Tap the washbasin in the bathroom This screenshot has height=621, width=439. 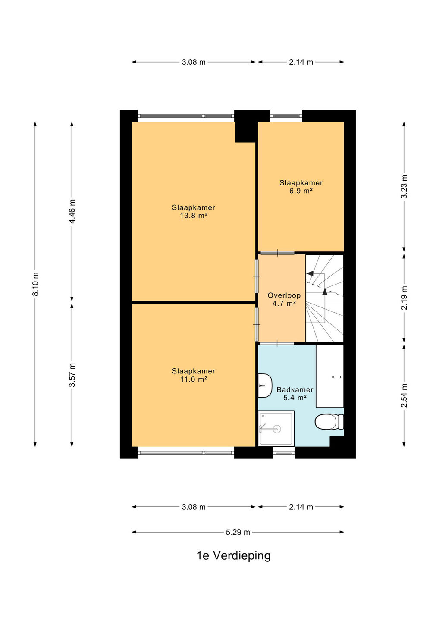pos(265,386)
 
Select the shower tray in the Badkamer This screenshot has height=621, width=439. pos(276,428)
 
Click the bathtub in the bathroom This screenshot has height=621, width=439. pos(329,376)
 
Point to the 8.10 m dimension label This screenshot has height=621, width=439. pos(35,285)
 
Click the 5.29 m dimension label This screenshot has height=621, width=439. pos(238,532)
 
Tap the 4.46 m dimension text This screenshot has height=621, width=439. pos(72,211)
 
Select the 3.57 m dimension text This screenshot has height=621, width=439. pos(72,375)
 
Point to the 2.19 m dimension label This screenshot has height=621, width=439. pos(405,298)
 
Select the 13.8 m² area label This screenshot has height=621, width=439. pos(194,216)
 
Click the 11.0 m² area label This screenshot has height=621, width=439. pos(194,379)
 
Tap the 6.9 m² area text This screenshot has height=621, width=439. pos(301,191)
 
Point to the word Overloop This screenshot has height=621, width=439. pos(284,295)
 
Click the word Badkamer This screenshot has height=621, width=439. pos(295,389)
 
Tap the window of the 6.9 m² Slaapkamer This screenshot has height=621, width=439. pos(286,116)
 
